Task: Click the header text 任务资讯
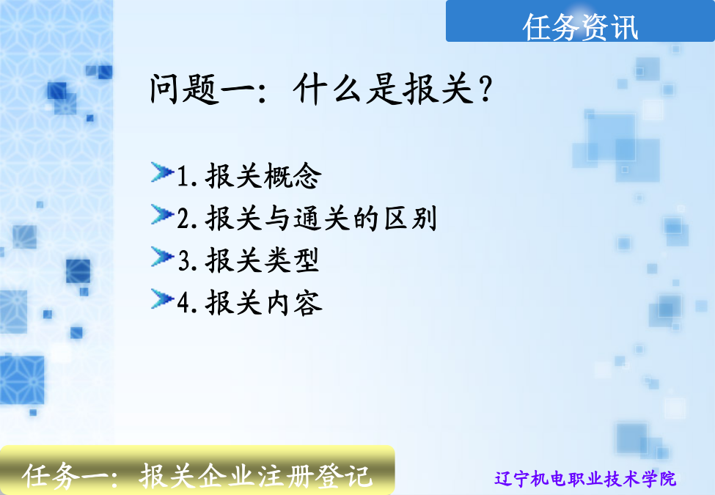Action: coord(579,27)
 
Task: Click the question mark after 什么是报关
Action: coord(486,89)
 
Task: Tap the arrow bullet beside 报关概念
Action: coord(162,172)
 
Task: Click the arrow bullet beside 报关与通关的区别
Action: coord(162,214)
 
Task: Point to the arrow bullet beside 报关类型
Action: coord(162,257)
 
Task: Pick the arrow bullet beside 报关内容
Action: coord(162,299)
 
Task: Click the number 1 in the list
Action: coord(183,176)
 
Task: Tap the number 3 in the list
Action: coord(183,261)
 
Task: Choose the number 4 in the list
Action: coord(183,303)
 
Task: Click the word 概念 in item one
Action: coord(293,175)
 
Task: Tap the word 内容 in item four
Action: coord(294,303)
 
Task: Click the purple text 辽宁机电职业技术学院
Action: coord(585,479)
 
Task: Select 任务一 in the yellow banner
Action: coord(65,477)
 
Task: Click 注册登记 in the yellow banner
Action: coord(314,477)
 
